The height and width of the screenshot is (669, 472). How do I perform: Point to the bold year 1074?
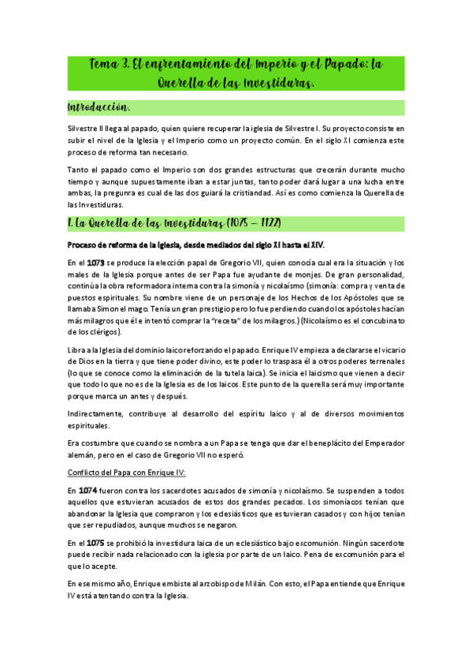pyautogui.click(x=95, y=491)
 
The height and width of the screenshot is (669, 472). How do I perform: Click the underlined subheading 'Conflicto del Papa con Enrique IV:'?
pyautogui.click(x=127, y=472)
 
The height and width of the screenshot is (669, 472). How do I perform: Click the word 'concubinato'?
pyautogui.click(x=377, y=322)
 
